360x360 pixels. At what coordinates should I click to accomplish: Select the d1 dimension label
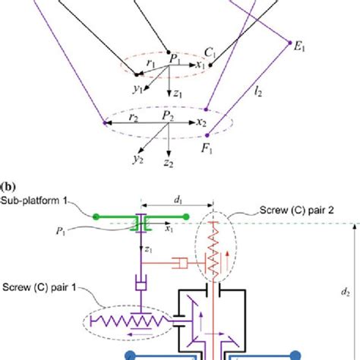click(x=178, y=202)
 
